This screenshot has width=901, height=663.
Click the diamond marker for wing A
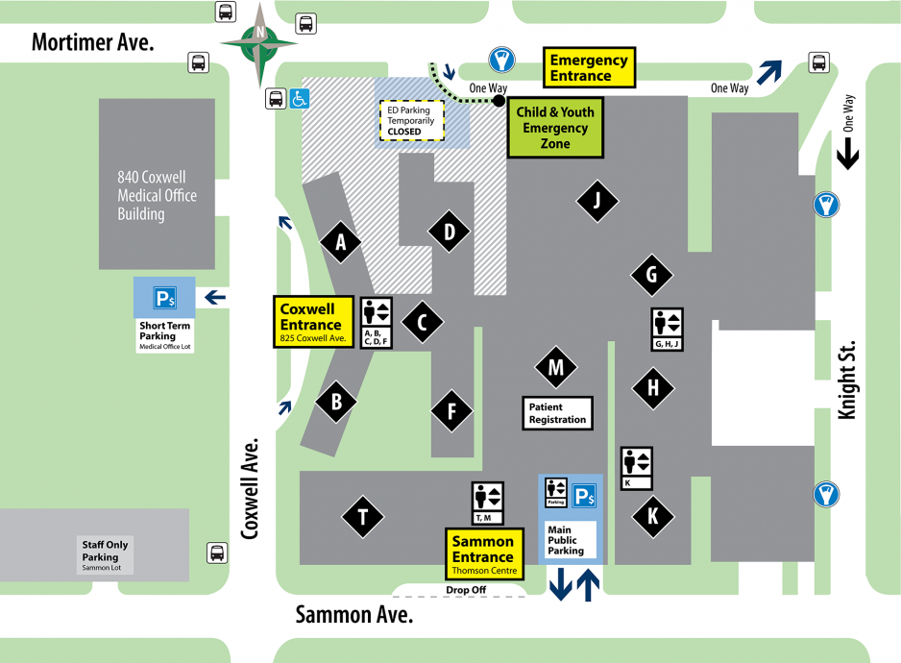(x=340, y=244)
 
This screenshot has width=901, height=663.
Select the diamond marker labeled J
(x=597, y=200)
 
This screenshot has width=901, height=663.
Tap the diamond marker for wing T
(x=363, y=518)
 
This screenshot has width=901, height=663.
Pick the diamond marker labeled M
(x=555, y=366)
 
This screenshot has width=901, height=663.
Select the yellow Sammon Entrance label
(x=483, y=554)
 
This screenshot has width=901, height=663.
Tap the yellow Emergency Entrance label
(x=588, y=68)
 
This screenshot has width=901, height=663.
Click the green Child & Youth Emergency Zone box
(x=555, y=127)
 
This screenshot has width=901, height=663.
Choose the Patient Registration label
(x=557, y=413)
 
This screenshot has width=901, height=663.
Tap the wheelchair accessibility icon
(x=300, y=98)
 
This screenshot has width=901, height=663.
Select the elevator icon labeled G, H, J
(x=666, y=329)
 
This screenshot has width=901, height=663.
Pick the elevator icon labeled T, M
(x=487, y=503)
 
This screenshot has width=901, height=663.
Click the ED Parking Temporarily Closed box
(x=411, y=120)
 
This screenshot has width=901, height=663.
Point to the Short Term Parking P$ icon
(x=165, y=298)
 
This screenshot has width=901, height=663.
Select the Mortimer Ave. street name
(x=93, y=42)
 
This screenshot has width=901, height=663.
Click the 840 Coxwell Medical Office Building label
(x=157, y=196)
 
